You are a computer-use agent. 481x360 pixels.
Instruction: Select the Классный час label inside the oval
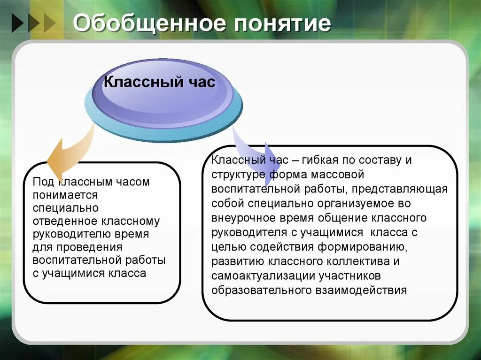[x=160, y=82]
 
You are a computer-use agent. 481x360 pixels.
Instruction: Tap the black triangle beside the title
[x=18, y=23]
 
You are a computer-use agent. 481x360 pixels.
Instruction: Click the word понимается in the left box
[x=65, y=195]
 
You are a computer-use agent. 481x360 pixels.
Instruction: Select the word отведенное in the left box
[x=65, y=221]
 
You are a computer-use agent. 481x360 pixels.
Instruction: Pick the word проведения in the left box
[x=89, y=247]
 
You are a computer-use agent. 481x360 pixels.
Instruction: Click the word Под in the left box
[x=43, y=182]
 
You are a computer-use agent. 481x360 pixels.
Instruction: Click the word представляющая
[x=399, y=189]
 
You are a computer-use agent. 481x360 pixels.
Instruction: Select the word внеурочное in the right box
[x=243, y=218]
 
